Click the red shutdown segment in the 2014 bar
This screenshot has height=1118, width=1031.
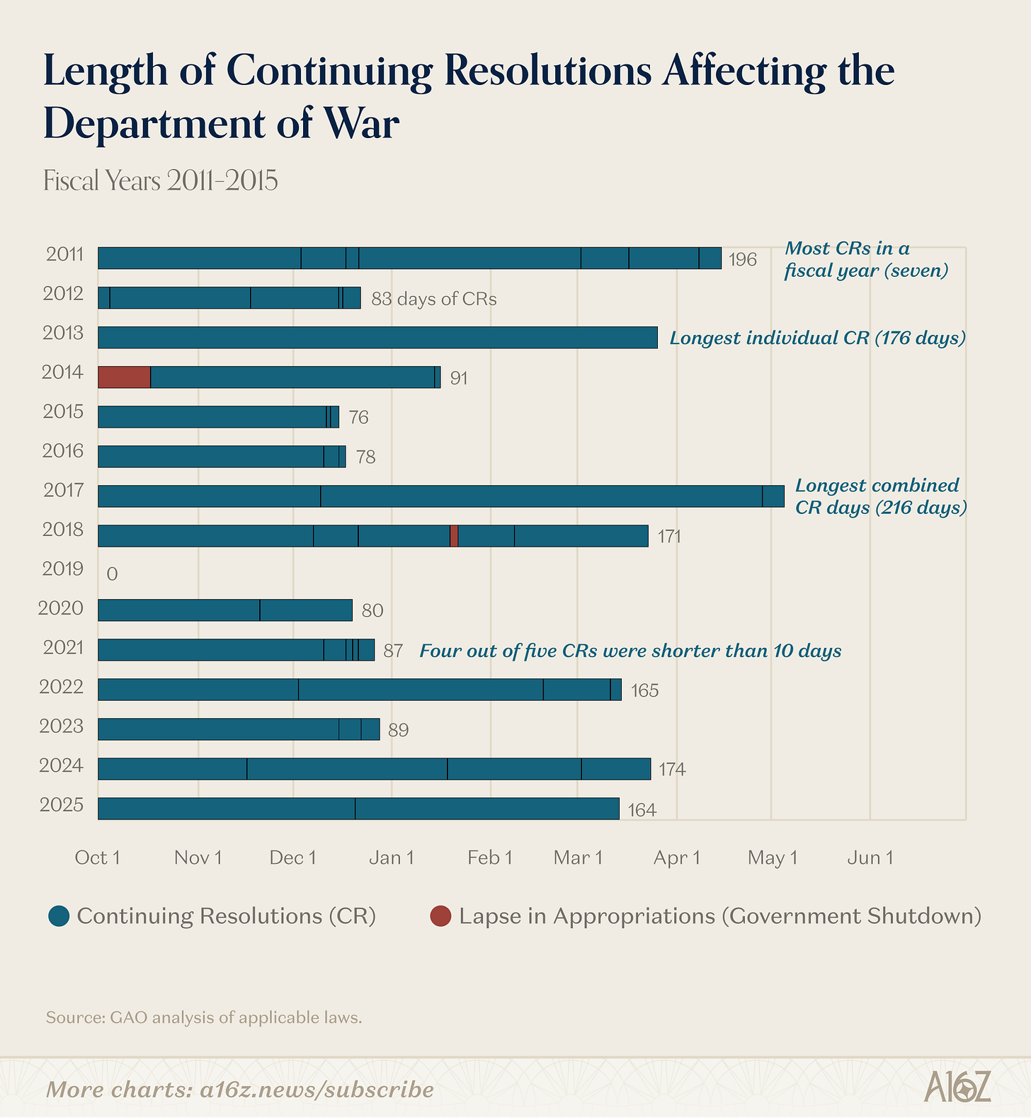click(x=124, y=377)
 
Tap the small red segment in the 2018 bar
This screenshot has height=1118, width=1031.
click(x=454, y=536)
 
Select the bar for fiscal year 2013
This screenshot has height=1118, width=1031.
click(x=377, y=337)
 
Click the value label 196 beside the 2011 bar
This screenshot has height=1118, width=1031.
click(x=743, y=260)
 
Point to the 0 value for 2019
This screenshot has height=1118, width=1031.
click(x=112, y=574)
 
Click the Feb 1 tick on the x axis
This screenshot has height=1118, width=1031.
click(x=489, y=858)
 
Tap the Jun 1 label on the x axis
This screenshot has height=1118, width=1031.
click(x=870, y=858)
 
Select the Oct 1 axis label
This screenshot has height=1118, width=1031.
click(x=98, y=858)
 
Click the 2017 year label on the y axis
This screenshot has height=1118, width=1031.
click(x=64, y=490)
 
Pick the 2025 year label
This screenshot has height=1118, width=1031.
click(x=62, y=805)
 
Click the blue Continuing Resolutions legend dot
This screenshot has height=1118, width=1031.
click(x=59, y=916)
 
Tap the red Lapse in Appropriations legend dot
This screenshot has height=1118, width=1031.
click(x=440, y=916)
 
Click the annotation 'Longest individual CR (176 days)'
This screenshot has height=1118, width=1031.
click(x=818, y=338)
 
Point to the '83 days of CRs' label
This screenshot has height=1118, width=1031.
click(x=434, y=299)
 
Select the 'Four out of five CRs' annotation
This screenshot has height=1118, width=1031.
click(x=630, y=651)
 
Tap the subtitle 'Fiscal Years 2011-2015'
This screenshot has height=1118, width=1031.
click(x=161, y=181)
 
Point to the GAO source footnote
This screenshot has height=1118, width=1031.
click(x=204, y=1017)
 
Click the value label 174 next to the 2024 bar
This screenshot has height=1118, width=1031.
click(x=672, y=769)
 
